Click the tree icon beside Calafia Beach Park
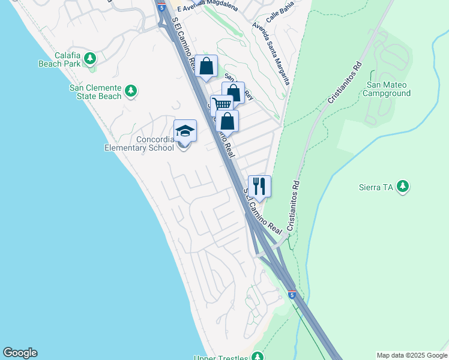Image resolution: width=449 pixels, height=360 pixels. [90, 58]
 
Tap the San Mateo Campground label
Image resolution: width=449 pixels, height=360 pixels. [388, 89]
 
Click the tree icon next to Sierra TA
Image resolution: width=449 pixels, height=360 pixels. [403, 187]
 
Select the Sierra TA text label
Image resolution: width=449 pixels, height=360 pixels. [379, 187]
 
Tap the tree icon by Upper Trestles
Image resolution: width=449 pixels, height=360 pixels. [258, 356]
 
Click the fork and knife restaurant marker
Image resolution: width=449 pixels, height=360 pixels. [259, 186]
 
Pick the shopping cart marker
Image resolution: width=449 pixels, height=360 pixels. [222, 105]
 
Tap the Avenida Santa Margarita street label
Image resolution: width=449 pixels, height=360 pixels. [271, 53]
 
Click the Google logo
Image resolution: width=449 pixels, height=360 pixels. [20, 353]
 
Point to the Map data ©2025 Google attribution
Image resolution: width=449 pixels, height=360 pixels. [412, 355]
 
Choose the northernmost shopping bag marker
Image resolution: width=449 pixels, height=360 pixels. [206, 66]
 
